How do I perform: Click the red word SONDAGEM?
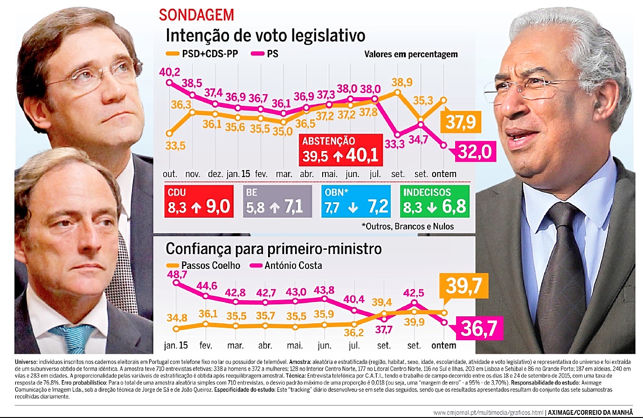coord(196,14)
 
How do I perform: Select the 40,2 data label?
coord(169,72)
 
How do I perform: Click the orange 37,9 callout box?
coord(461,122)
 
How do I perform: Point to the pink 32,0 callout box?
coord(475,151)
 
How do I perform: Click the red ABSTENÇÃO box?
coord(340,150)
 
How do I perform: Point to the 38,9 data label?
coord(401,82)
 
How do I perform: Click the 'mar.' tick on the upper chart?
coord(283,174)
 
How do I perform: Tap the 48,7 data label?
coord(177,274)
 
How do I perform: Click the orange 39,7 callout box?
coord(463,285)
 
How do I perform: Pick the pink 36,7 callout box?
coord(478,329)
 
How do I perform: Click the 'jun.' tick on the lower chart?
coord(324,346)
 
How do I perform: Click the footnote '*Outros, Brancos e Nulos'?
coord(408,226)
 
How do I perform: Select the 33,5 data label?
coord(175,146)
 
